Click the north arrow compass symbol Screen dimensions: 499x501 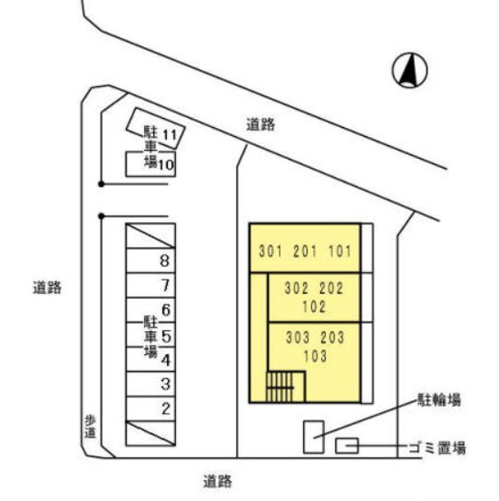410,70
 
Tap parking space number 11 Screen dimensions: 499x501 155,129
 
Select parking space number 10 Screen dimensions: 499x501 151,164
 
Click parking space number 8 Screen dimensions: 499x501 151,260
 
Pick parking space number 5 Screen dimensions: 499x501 151,335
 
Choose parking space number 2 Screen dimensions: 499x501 151,408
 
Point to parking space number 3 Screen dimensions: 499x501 151,384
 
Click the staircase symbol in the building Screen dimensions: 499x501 279,388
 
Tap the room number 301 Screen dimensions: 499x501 270,251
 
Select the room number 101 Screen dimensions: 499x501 340,251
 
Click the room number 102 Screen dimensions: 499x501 314,307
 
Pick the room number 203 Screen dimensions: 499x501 332,338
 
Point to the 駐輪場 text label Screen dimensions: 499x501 439,399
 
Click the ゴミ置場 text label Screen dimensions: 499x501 437,447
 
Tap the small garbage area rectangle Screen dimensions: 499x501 347,446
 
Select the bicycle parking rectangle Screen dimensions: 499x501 314,437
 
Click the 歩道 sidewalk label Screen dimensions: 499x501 90,427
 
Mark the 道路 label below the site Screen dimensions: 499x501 217,481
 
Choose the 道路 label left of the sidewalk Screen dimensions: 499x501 47,288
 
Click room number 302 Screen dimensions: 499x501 296,289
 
